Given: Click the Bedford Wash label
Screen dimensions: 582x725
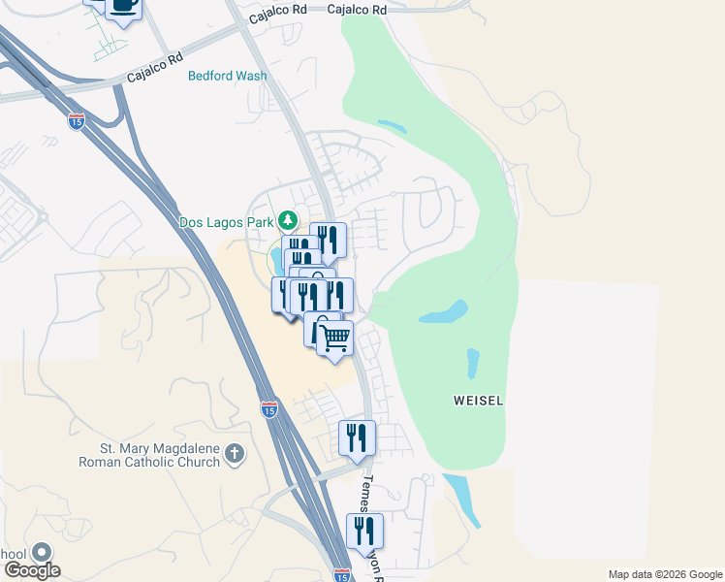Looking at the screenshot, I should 227,76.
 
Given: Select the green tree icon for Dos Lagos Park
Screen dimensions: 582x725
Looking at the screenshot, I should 287,219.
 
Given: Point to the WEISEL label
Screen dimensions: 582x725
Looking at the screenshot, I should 478,401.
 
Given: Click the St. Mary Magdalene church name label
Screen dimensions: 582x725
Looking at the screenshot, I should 148,455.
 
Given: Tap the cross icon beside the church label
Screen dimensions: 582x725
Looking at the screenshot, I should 234,454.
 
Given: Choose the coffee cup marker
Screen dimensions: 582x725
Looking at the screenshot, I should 123,5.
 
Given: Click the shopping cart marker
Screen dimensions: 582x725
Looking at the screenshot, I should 334,339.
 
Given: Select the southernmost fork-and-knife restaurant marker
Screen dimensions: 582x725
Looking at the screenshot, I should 364,531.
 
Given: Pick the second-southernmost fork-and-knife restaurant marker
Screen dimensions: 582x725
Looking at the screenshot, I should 357,437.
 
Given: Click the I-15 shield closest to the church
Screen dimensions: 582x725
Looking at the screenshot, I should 269,409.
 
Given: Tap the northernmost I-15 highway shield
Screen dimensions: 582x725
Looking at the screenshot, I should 77,121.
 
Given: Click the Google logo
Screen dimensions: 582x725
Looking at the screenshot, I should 33,570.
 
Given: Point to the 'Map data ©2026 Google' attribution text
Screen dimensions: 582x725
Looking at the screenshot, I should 664,574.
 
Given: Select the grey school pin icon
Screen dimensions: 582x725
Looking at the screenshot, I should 42,553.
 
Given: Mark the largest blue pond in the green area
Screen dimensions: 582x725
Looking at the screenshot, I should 445,313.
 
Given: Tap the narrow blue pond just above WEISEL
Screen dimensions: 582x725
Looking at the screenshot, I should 473,363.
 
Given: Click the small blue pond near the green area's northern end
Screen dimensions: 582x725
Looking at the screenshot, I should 392,126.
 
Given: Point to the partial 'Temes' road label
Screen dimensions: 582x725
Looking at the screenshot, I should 369,494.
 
